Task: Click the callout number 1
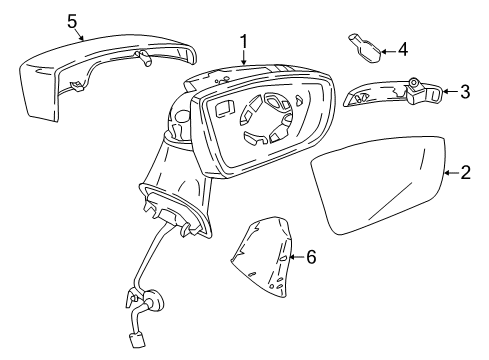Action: tap(243, 41)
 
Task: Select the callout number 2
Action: tap(466, 174)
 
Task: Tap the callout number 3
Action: tap(465, 93)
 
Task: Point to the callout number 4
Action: tap(402, 47)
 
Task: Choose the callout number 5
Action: tap(71, 19)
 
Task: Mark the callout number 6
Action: tap(311, 257)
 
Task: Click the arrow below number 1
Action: tap(243, 58)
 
